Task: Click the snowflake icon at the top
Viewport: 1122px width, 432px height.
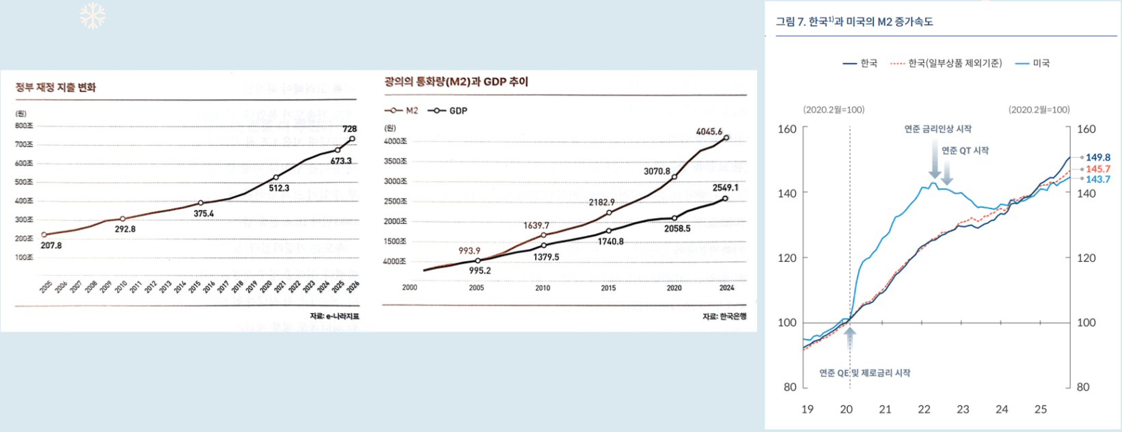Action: pos(92,16)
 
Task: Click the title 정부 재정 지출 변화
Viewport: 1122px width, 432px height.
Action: pos(56,87)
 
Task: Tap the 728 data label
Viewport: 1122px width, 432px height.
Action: pos(349,129)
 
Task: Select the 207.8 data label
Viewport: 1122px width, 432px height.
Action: pos(51,245)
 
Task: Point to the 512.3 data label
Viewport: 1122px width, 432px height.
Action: pos(279,188)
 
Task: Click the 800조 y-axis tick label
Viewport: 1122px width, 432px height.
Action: pos(24,126)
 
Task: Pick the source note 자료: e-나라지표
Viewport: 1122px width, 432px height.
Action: pos(334,316)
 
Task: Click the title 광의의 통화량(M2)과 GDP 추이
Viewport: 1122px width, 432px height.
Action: pos(456,82)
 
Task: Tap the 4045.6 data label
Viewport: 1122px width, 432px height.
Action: pos(709,131)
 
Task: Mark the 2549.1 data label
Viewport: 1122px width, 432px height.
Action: pos(725,187)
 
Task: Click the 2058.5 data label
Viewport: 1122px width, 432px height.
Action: pos(677,228)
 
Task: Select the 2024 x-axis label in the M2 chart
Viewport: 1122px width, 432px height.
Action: pos(726,288)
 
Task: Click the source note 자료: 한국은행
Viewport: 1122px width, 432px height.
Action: pos(724,316)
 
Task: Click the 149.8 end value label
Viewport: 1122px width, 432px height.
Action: pos(1098,157)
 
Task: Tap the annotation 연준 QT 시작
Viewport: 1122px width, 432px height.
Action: pos(965,150)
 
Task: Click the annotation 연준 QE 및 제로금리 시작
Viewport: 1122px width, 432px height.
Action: pos(864,373)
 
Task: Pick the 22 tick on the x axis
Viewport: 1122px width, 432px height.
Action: pos(924,409)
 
